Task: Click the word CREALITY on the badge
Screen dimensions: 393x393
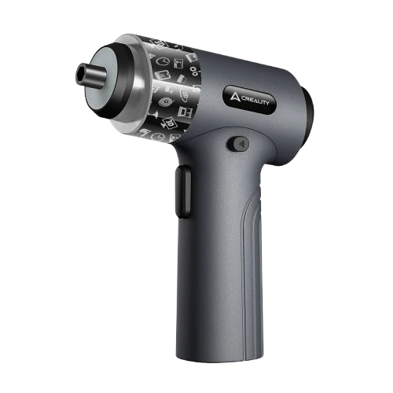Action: pyautogui.click(x=254, y=101)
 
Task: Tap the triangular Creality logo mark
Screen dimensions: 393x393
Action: pyautogui.click(x=234, y=97)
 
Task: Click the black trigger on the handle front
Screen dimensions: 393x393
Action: pyautogui.click(x=183, y=192)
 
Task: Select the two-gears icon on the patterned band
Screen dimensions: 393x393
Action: pyautogui.click(x=195, y=71)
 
